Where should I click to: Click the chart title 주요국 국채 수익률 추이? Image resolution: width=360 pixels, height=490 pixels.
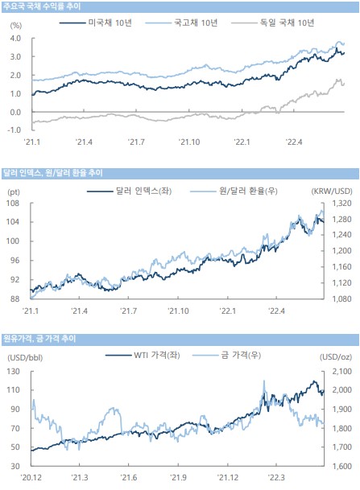tap(42, 6)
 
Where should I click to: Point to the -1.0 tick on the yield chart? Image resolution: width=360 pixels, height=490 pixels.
tap(14, 130)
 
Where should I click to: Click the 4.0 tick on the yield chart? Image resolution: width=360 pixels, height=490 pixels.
tap(15, 39)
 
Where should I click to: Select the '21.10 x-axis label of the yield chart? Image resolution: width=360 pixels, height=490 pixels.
tap(189, 142)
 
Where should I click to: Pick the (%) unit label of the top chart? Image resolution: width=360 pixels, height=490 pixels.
tap(16, 25)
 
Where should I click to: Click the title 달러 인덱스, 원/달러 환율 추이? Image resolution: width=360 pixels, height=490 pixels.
tap(53, 173)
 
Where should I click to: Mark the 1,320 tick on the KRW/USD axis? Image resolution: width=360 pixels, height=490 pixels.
tap(341, 204)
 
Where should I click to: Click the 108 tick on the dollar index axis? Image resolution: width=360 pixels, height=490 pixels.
tap(13, 204)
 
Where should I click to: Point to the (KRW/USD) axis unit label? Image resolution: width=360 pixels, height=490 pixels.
tap(332, 191)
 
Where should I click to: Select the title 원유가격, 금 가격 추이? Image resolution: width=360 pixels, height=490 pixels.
tap(39, 339)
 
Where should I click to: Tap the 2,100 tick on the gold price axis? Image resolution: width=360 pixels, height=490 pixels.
tap(341, 372)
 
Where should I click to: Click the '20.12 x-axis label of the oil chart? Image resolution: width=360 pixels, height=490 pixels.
tap(31, 478)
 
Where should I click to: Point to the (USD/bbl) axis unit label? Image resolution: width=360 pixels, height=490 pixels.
tap(25, 357)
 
